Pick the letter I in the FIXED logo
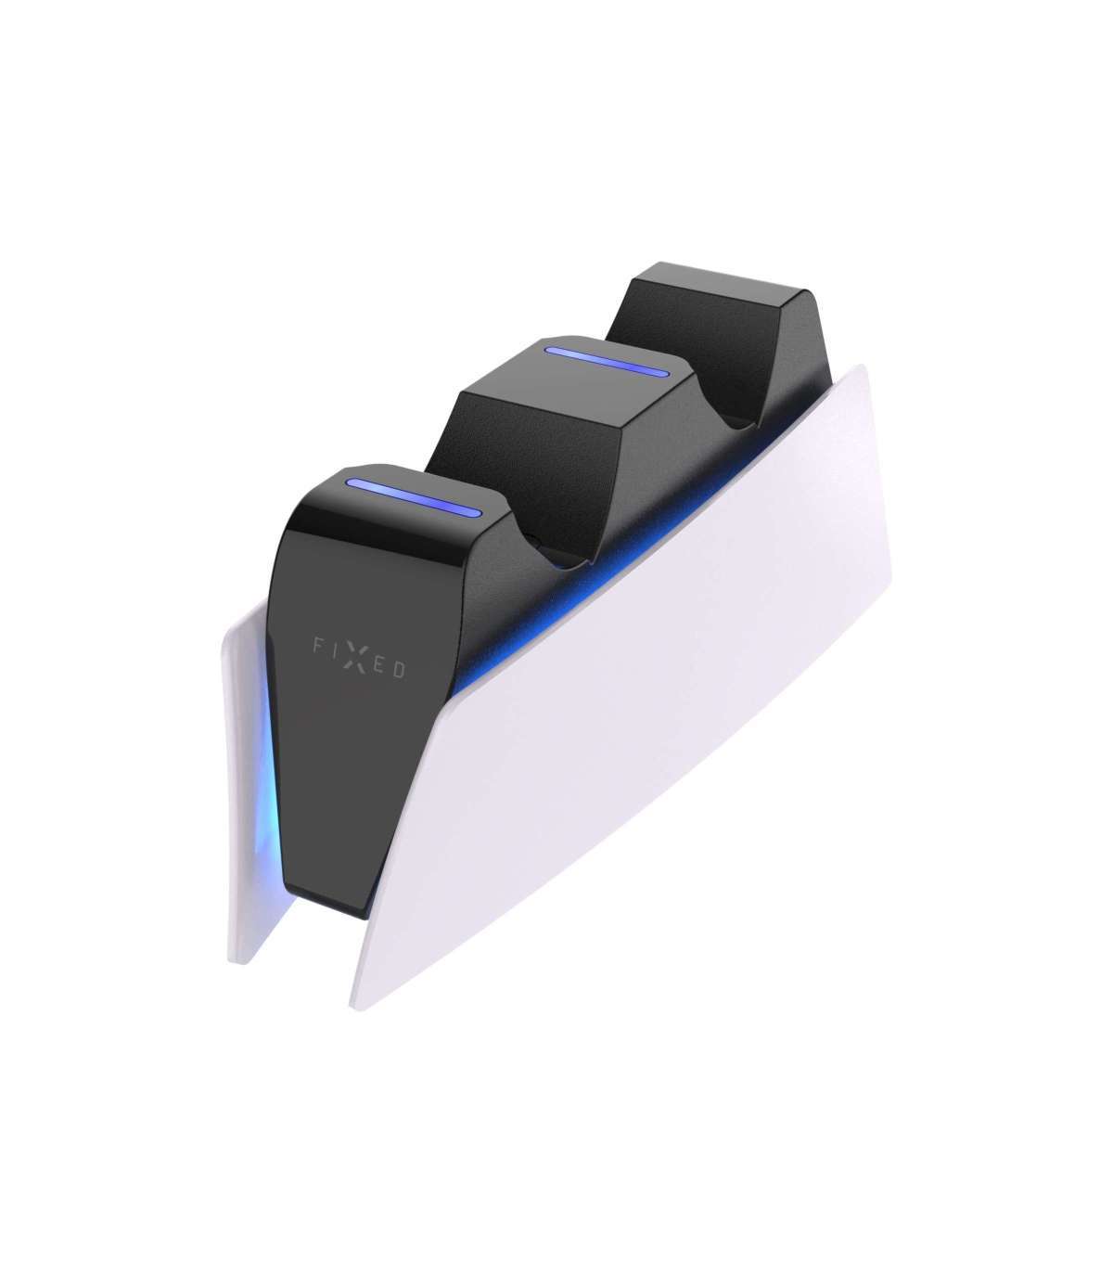(x=334, y=650)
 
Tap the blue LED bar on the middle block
(x=606, y=362)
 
